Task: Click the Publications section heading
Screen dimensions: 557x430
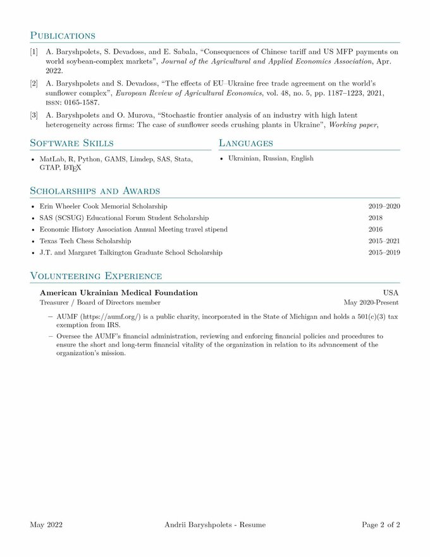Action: (x=63, y=35)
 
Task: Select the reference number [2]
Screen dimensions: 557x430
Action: (x=34, y=84)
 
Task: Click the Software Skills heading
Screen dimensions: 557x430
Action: (x=72, y=144)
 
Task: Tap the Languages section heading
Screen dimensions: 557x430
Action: (x=246, y=144)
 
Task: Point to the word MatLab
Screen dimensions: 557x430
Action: (x=50, y=159)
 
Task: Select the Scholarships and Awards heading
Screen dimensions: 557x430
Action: (x=95, y=191)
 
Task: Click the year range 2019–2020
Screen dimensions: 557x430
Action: (x=384, y=206)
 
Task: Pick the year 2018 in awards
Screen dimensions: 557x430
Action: (x=376, y=218)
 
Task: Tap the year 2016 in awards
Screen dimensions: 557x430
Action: (x=376, y=229)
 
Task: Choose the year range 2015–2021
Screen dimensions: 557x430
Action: (x=384, y=241)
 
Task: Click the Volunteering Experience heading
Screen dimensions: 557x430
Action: (x=96, y=276)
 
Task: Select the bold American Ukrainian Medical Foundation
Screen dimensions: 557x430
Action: (x=118, y=293)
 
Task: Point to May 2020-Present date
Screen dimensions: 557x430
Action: (x=371, y=303)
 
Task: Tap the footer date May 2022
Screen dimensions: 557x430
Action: (x=46, y=525)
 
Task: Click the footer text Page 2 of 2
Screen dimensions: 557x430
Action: (x=381, y=525)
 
